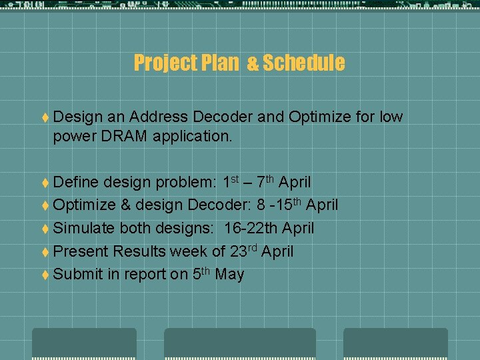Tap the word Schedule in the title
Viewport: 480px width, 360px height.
303,63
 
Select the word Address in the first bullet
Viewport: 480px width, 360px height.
157,117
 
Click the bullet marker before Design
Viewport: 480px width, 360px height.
44,117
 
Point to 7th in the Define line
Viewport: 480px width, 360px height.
264,181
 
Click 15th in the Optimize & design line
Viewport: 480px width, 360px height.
288,204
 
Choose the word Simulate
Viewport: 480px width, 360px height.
83,228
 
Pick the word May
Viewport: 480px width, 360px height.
229,274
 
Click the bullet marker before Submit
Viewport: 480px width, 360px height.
44,275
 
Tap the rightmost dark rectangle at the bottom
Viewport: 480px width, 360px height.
395,343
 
